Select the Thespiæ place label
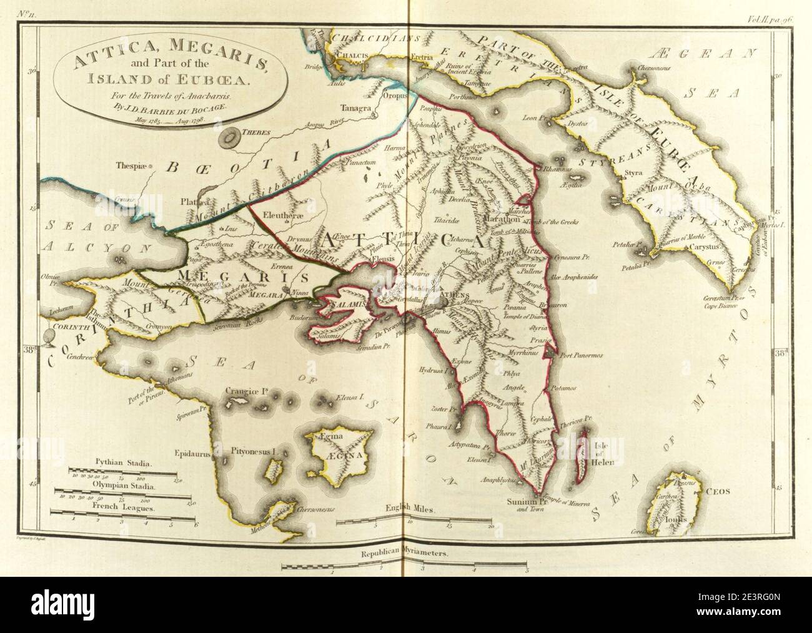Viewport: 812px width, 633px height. click(134, 167)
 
